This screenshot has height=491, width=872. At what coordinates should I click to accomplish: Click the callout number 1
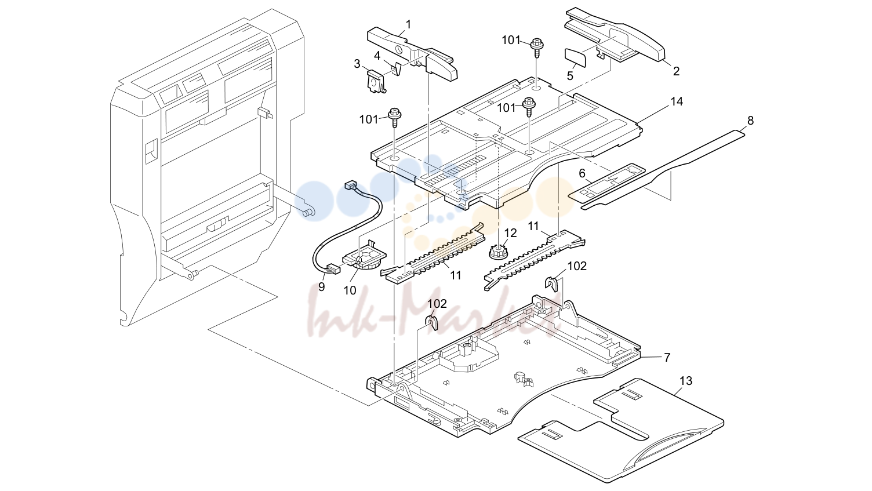[408, 24]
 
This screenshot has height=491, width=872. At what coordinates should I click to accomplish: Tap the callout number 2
[676, 71]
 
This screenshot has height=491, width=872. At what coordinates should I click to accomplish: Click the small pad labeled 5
[575, 57]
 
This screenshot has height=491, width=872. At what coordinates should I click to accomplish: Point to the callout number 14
[677, 101]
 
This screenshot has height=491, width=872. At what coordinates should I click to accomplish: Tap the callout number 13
[686, 381]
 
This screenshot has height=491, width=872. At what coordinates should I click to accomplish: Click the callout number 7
[667, 358]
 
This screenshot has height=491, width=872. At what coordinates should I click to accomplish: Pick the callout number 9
[322, 287]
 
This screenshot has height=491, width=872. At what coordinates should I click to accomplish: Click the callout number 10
[350, 290]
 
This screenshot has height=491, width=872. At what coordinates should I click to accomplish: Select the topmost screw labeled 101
[537, 47]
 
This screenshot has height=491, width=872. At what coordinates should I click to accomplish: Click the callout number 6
[582, 173]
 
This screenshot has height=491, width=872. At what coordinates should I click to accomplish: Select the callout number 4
[377, 56]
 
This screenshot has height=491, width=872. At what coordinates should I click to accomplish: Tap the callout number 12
[510, 233]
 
